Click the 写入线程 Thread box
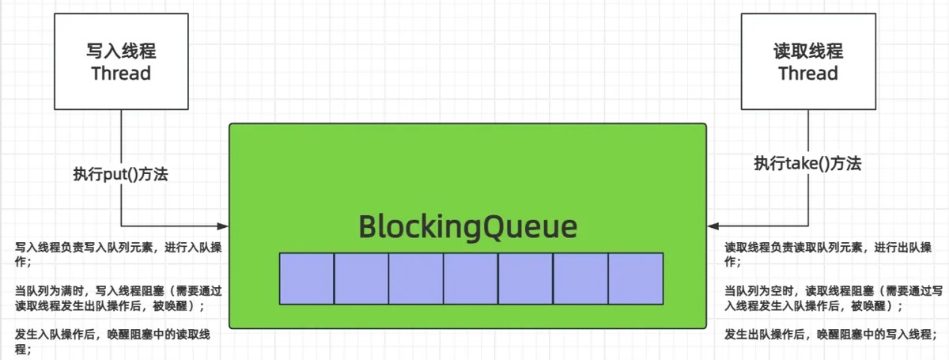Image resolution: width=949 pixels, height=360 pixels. pos(121,62)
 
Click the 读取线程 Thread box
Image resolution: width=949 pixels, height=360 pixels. pos(808,62)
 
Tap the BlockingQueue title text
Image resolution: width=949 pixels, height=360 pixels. pos(467,227)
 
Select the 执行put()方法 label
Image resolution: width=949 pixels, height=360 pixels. pos(121,174)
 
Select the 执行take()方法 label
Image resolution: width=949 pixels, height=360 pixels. pos(807,163)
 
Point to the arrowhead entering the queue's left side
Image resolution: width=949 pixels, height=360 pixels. pos(223,226)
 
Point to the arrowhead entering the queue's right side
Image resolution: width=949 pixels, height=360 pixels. pos(713,226)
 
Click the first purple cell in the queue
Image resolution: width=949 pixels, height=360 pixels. pos(307,279)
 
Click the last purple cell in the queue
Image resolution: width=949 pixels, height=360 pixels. pos(636,279)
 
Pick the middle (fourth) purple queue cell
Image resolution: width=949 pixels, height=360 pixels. pos(471,279)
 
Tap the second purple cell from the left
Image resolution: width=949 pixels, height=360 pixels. pos(361,279)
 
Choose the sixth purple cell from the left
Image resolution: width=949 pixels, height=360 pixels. pos(580,279)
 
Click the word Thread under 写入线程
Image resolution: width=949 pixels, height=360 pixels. pos(121,74)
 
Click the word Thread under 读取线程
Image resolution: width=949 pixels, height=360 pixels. pos(808,74)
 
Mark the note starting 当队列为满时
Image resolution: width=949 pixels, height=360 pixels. pos(119,298)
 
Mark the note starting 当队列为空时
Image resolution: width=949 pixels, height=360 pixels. pos(834,298)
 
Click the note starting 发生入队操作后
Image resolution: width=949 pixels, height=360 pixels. pos(112,342)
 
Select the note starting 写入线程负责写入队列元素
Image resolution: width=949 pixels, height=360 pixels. pos(119,255)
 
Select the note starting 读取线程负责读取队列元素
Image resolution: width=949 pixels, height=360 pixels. pos(828,255)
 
